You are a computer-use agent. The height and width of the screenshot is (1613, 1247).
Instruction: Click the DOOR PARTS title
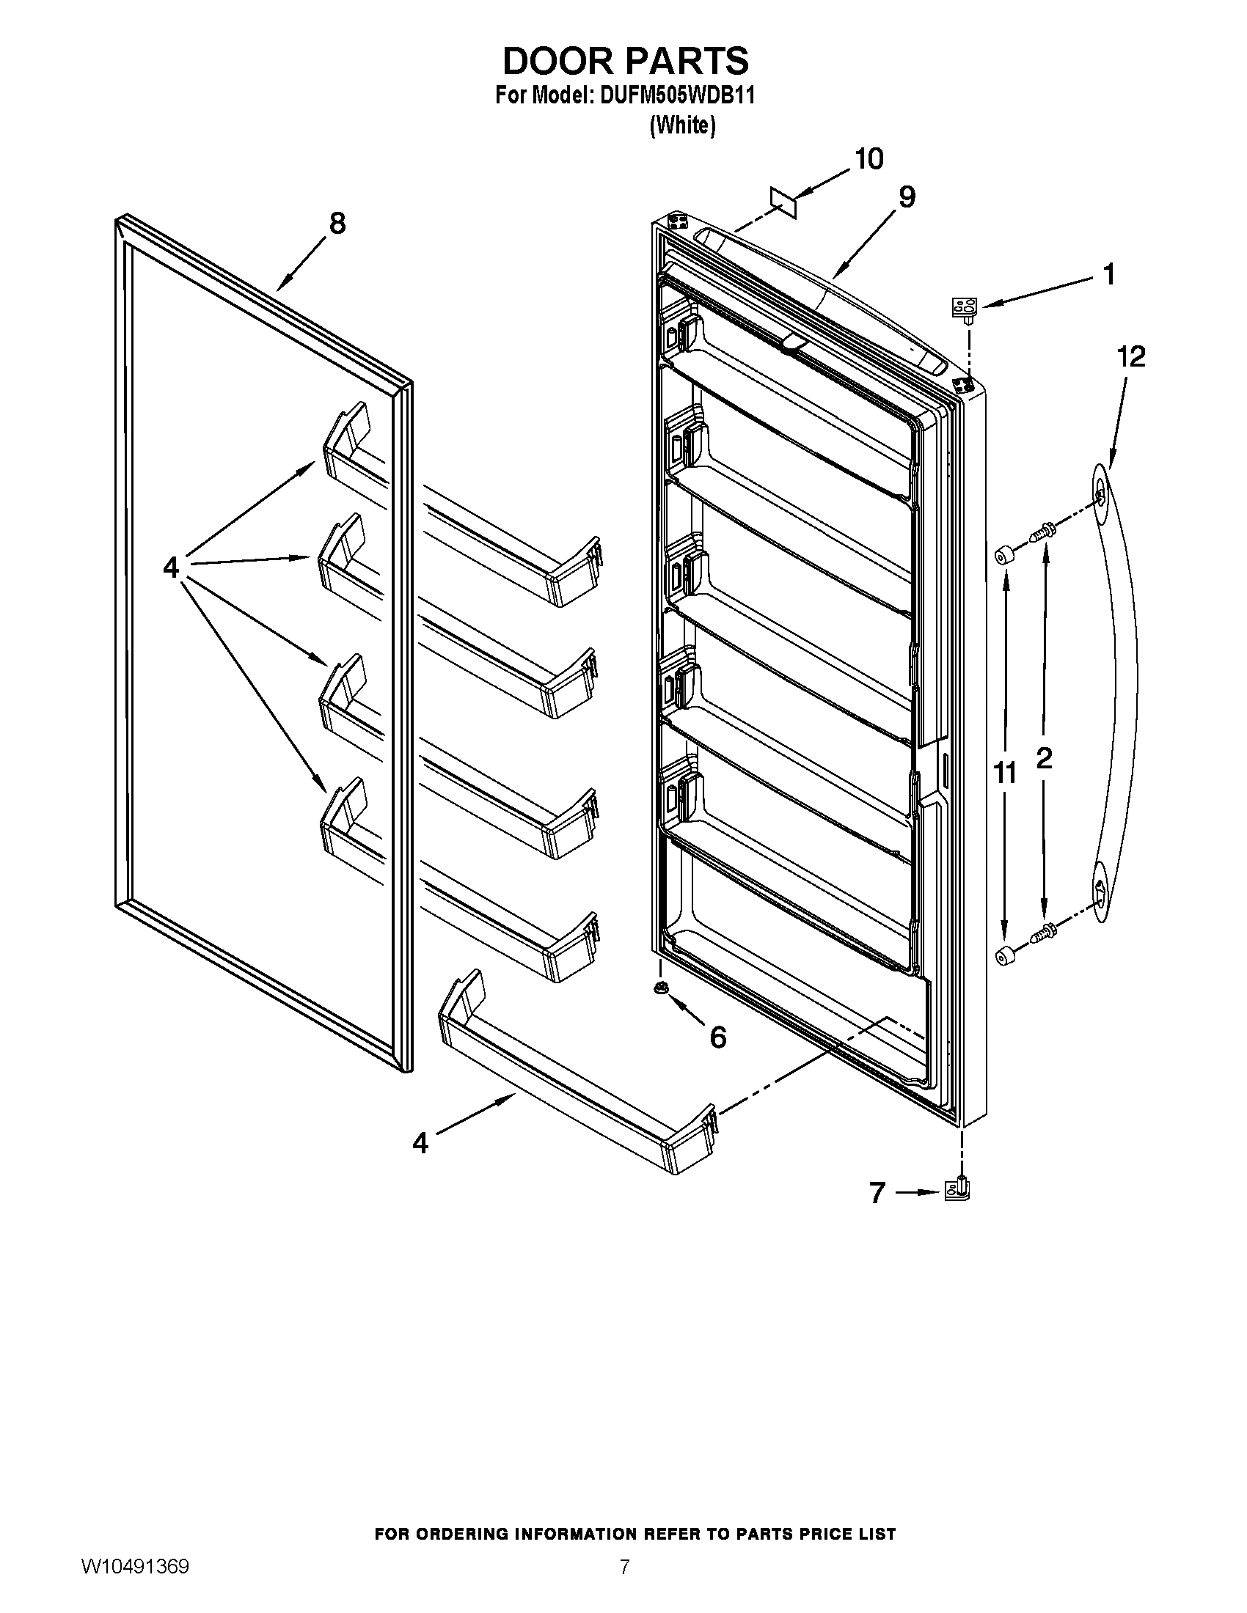[625, 61]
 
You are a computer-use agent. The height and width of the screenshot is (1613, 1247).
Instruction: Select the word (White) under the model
[682, 126]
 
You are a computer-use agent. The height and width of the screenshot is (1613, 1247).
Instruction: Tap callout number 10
[868, 159]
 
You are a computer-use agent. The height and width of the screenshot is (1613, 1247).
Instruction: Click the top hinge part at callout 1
[965, 309]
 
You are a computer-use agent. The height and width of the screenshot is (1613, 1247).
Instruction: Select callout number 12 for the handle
[1130, 358]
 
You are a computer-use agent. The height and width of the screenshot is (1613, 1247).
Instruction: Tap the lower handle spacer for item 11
[1003, 955]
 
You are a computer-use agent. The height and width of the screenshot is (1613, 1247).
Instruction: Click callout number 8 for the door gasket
[337, 223]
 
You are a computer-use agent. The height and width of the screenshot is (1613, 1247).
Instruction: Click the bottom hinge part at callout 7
[959, 1188]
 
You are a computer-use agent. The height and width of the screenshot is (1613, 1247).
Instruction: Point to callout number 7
[877, 1192]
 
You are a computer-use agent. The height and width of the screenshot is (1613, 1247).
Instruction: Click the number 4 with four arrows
[171, 568]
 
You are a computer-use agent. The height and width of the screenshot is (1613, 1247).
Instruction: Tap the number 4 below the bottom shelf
[420, 1143]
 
